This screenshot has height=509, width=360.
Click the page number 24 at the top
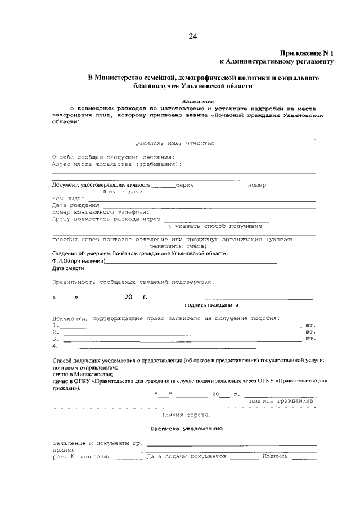click(192, 37)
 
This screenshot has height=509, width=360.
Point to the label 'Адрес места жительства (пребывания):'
click(116, 164)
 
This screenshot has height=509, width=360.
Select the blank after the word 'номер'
click(278, 185)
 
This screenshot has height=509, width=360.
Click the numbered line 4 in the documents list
click(169, 346)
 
